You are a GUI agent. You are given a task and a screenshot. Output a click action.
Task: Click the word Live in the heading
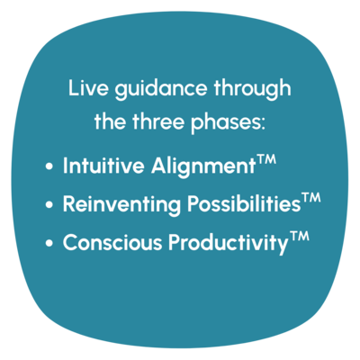pos(88,87)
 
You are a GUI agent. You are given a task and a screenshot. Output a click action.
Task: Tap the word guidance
pos(161,89)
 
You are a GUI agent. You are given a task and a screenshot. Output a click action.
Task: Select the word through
pos(252,89)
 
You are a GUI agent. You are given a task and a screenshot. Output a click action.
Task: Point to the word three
pos(159,121)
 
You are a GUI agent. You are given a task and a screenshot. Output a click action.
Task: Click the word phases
pos(225,123)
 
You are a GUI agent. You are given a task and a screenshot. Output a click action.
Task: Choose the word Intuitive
pos(103,165)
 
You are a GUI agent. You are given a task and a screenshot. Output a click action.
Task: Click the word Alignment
pos(203,166)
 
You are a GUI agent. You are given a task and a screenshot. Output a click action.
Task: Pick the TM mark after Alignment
pos(265,158)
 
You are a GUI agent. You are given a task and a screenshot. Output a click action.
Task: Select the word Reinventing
pos(121,205)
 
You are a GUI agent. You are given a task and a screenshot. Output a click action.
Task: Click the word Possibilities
pos(244,204)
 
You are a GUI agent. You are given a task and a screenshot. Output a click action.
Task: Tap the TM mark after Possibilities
pos(310,197)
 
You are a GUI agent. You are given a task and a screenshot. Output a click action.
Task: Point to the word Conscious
pos(112,242)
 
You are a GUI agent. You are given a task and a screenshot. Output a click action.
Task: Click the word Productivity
pos(228,244)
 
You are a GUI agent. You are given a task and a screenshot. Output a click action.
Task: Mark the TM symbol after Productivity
pos(299,236)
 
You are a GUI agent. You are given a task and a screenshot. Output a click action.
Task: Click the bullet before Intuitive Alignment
pos(49,166)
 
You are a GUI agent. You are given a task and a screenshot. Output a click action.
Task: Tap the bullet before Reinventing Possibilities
pos(49,204)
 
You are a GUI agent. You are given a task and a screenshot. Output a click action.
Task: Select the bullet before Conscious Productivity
pos(49,243)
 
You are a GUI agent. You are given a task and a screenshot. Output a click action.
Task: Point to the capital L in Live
pos(74,87)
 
